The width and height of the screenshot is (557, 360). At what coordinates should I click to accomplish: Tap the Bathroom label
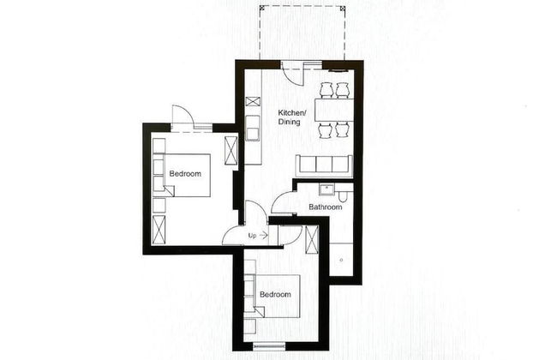pos(326,207)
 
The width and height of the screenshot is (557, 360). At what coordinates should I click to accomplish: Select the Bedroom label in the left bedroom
pos(185,174)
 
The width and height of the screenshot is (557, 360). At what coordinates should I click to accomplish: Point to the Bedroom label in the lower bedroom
pos(275,295)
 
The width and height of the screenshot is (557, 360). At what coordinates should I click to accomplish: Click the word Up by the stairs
pos(252,235)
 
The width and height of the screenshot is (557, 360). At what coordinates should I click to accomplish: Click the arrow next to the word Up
pos(263,235)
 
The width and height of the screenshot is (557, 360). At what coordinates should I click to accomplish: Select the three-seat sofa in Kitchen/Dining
pos(323,165)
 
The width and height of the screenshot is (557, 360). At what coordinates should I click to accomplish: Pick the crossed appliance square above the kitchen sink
pos(253,102)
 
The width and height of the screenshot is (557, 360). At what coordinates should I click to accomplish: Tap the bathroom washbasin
pos(323,189)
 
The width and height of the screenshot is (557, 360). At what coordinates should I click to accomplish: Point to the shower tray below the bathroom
pos(341,256)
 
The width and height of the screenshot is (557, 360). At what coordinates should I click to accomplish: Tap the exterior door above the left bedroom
pos(183,117)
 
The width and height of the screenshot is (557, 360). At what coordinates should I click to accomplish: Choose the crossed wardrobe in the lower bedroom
pos(312,242)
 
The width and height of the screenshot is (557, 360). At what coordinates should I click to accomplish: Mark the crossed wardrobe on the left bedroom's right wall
pos(231,149)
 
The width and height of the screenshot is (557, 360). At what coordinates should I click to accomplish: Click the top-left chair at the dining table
pos(326,89)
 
